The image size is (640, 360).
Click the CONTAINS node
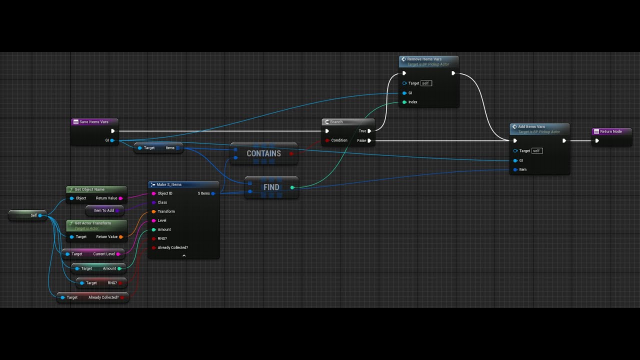pyautogui.click(x=263, y=153)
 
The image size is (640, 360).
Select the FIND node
pyautogui.click(x=271, y=187)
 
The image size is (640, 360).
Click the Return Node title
pyautogui.click(x=610, y=131)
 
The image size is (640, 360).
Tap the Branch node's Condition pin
pyautogui.click(x=327, y=140)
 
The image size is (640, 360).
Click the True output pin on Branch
pyautogui.click(x=369, y=131)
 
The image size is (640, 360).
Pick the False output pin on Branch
pyautogui.click(x=369, y=140)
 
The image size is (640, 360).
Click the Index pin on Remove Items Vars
pyautogui.click(x=404, y=102)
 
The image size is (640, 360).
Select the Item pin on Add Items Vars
pyautogui.click(x=515, y=169)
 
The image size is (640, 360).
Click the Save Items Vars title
pyautogui.click(x=93, y=122)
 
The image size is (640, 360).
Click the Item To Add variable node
pyautogui.click(x=104, y=210)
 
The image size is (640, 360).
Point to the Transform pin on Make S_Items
pyautogui.click(x=153, y=211)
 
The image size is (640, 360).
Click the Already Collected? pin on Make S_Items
pyautogui.click(x=153, y=247)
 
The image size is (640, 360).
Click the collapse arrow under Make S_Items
pyautogui.click(x=184, y=255)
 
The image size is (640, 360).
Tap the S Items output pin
pyautogui.click(x=213, y=193)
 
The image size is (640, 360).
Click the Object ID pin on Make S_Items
pyautogui.click(x=153, y=193)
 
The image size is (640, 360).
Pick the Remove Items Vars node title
pyautogui.click(x=424, y=59)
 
